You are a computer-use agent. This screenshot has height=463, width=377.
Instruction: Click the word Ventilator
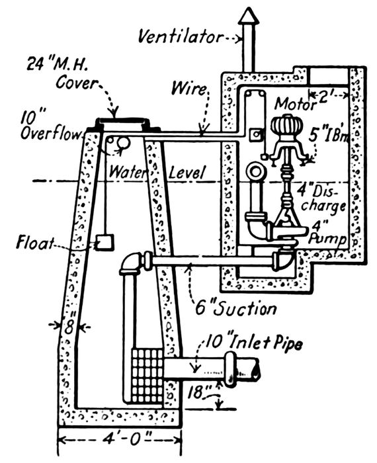click(181, 36)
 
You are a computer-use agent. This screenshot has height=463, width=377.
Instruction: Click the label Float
click(35, 242)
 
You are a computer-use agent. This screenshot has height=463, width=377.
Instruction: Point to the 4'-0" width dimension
click(120, 440)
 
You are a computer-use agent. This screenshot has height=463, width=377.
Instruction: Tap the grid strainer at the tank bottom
click(147, 376)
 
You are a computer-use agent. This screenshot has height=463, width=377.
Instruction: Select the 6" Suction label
click(235, 308)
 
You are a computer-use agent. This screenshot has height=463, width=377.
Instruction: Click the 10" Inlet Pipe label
click(253, 343)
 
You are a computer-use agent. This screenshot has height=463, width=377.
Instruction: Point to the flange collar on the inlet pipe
click(230, 369)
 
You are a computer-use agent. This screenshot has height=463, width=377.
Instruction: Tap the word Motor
click(295, 103)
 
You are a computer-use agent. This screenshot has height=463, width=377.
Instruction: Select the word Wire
click(189, 88)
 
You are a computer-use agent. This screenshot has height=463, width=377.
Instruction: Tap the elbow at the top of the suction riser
click(132, 263)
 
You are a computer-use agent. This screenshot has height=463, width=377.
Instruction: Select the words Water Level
click(157, 171)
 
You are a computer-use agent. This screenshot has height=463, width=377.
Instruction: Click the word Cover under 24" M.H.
click(77, 83)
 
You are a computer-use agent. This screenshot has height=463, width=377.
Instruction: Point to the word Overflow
click(50, 134)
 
